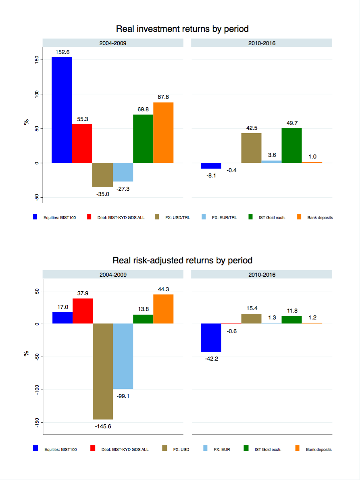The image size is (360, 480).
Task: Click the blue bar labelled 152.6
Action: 62,110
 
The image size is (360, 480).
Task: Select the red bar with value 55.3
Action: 82,144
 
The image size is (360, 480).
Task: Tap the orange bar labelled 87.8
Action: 163,133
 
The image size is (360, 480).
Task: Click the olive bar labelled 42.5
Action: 251,148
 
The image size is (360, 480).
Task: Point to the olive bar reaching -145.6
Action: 103,371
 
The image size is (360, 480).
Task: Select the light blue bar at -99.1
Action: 123,356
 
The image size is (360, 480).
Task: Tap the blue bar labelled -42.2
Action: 211,338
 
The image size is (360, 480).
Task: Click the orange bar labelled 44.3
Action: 163,309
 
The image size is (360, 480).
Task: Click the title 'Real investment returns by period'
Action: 182,29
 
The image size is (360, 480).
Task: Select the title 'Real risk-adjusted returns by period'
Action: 182,260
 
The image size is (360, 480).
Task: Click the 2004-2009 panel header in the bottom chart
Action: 113,275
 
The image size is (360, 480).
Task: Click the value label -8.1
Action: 211,175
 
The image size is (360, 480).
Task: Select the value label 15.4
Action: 251,308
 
